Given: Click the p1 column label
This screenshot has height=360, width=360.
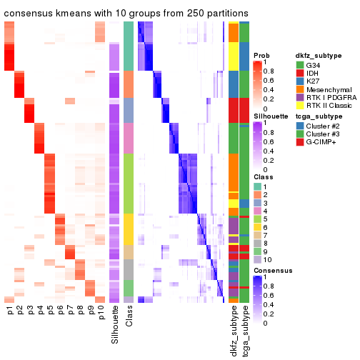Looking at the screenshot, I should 9,312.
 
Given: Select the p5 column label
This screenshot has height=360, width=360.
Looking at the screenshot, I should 50,312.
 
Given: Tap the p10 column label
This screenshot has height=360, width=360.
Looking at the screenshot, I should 100,314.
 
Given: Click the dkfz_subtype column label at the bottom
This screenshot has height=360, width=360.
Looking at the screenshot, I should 234,332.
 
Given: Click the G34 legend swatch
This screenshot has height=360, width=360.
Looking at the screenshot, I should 301,66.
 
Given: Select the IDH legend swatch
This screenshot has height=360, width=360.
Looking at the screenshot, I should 301,76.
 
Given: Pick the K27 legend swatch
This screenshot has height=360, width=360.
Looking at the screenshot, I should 301,86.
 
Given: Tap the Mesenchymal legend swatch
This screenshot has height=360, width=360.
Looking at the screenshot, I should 301,97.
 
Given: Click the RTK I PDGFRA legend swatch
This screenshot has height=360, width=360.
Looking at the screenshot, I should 301,107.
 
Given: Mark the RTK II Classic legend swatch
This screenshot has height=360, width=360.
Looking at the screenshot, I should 301,117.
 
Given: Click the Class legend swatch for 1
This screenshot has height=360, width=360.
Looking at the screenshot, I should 258,186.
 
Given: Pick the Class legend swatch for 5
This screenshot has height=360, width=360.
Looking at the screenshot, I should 258,227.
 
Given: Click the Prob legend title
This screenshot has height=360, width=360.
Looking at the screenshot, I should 261,55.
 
